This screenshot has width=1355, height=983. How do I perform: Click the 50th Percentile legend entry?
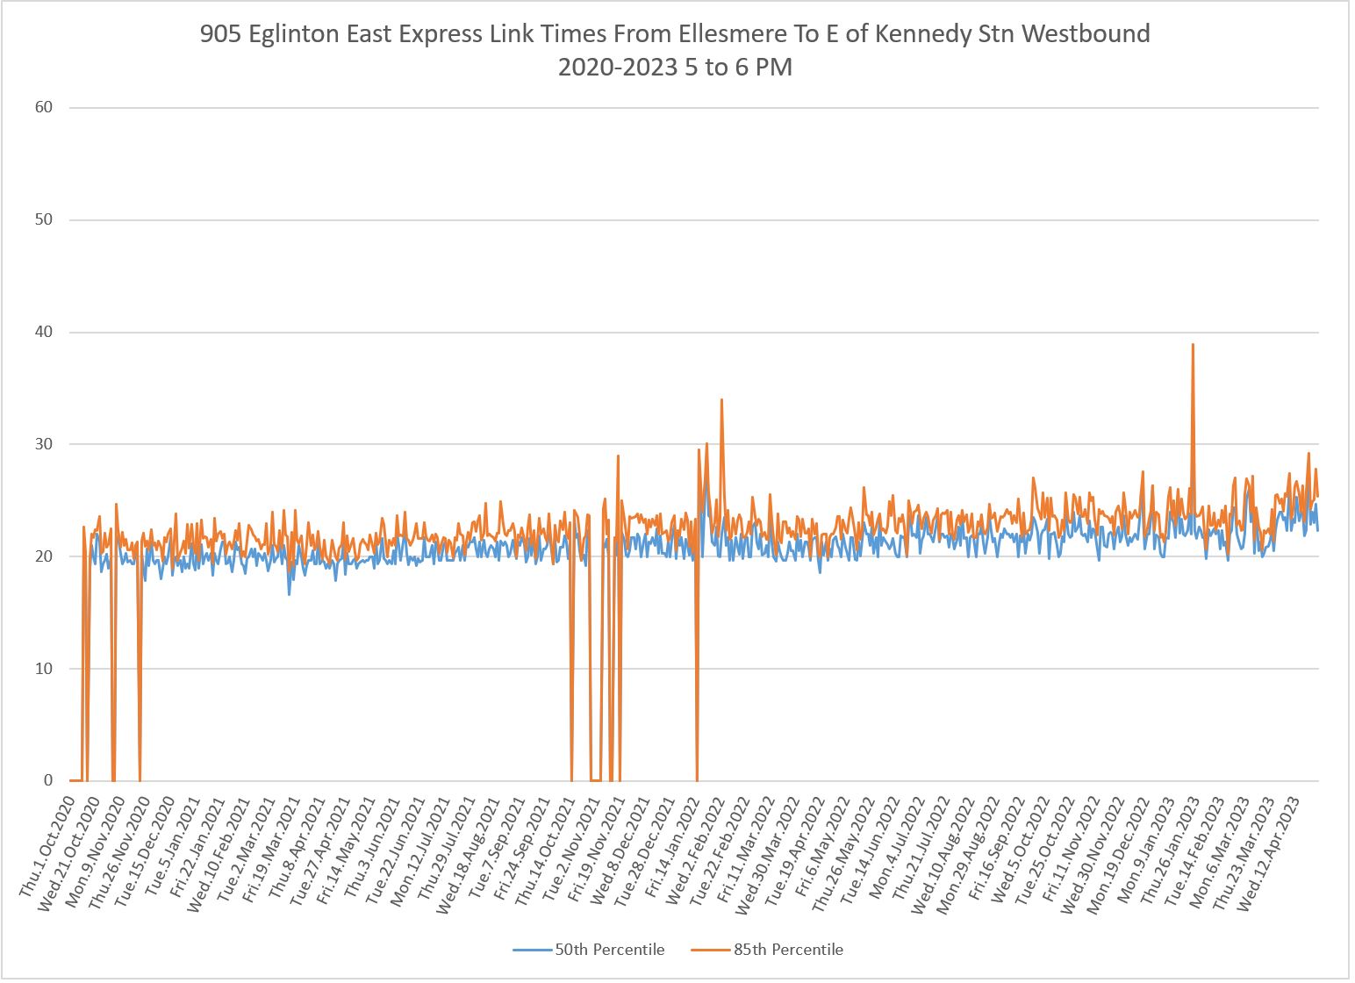point(609,950)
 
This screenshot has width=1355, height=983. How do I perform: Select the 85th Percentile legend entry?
point(788,950)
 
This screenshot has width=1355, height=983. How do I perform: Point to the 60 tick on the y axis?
point(44,107)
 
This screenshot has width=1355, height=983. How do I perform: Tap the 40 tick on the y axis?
point(44,332)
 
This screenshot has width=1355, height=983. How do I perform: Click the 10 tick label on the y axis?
point(44,669)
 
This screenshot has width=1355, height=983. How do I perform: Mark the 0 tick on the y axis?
point(48,781)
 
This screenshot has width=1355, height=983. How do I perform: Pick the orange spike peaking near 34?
point(721,400)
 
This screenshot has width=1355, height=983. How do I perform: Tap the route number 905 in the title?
point(217,34)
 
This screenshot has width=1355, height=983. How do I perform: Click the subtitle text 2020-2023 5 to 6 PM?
point(675,68)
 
